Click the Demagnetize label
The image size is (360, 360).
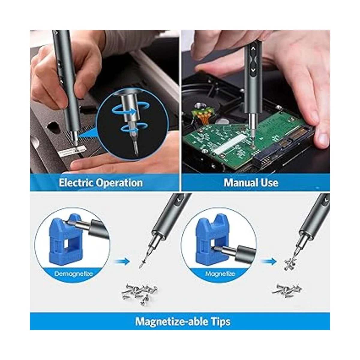tap(73, 274)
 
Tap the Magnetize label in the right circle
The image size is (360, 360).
tap(220, 274)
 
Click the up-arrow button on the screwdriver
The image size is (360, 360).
tap(253, 49)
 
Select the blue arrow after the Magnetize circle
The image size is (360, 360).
tap(269, 261)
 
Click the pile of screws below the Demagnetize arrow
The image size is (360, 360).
tap(139, 293)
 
